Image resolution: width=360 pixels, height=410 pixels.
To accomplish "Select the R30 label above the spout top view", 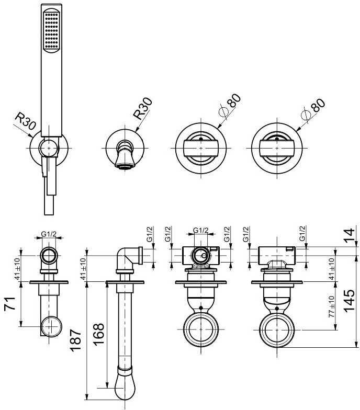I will [142, 109].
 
